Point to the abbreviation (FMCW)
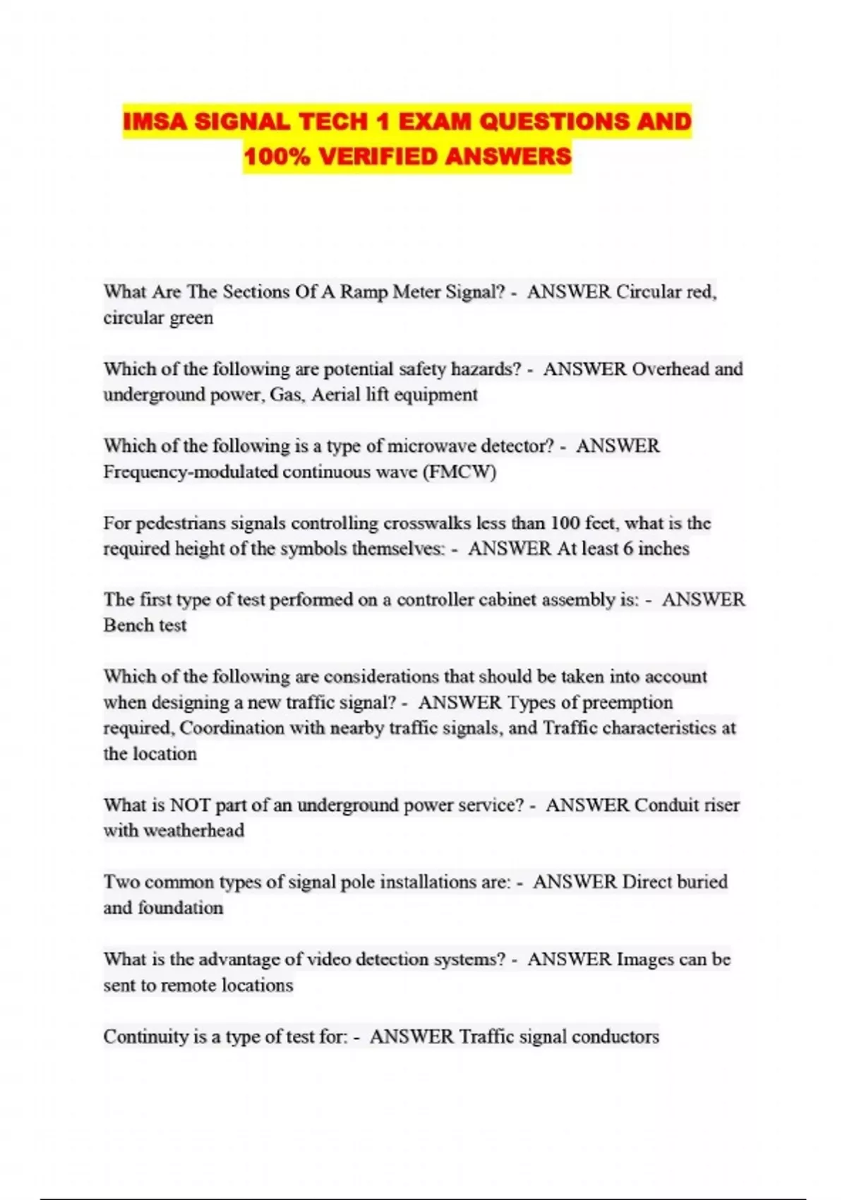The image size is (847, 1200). [459, 472]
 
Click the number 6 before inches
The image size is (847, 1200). [627, 548]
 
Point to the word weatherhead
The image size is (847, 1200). [193, 831]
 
